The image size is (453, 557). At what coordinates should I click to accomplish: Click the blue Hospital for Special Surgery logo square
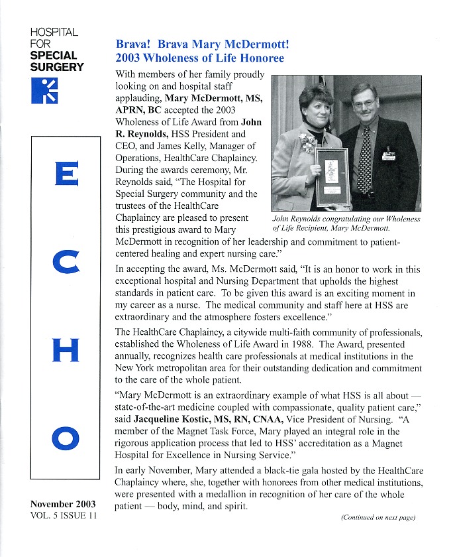point(45,90)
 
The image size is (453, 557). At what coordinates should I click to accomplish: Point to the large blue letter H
point(66,349)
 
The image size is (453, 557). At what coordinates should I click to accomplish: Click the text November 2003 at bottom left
point(63,504)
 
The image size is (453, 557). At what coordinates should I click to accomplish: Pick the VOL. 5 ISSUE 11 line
point(64,516)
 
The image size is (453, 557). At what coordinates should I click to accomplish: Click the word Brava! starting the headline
point(134,45)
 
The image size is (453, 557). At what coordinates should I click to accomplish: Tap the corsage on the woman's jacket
point(307,141)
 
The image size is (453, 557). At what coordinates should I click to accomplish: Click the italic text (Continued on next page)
point(378,517)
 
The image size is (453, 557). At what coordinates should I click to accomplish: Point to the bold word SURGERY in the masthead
point(57,66)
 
